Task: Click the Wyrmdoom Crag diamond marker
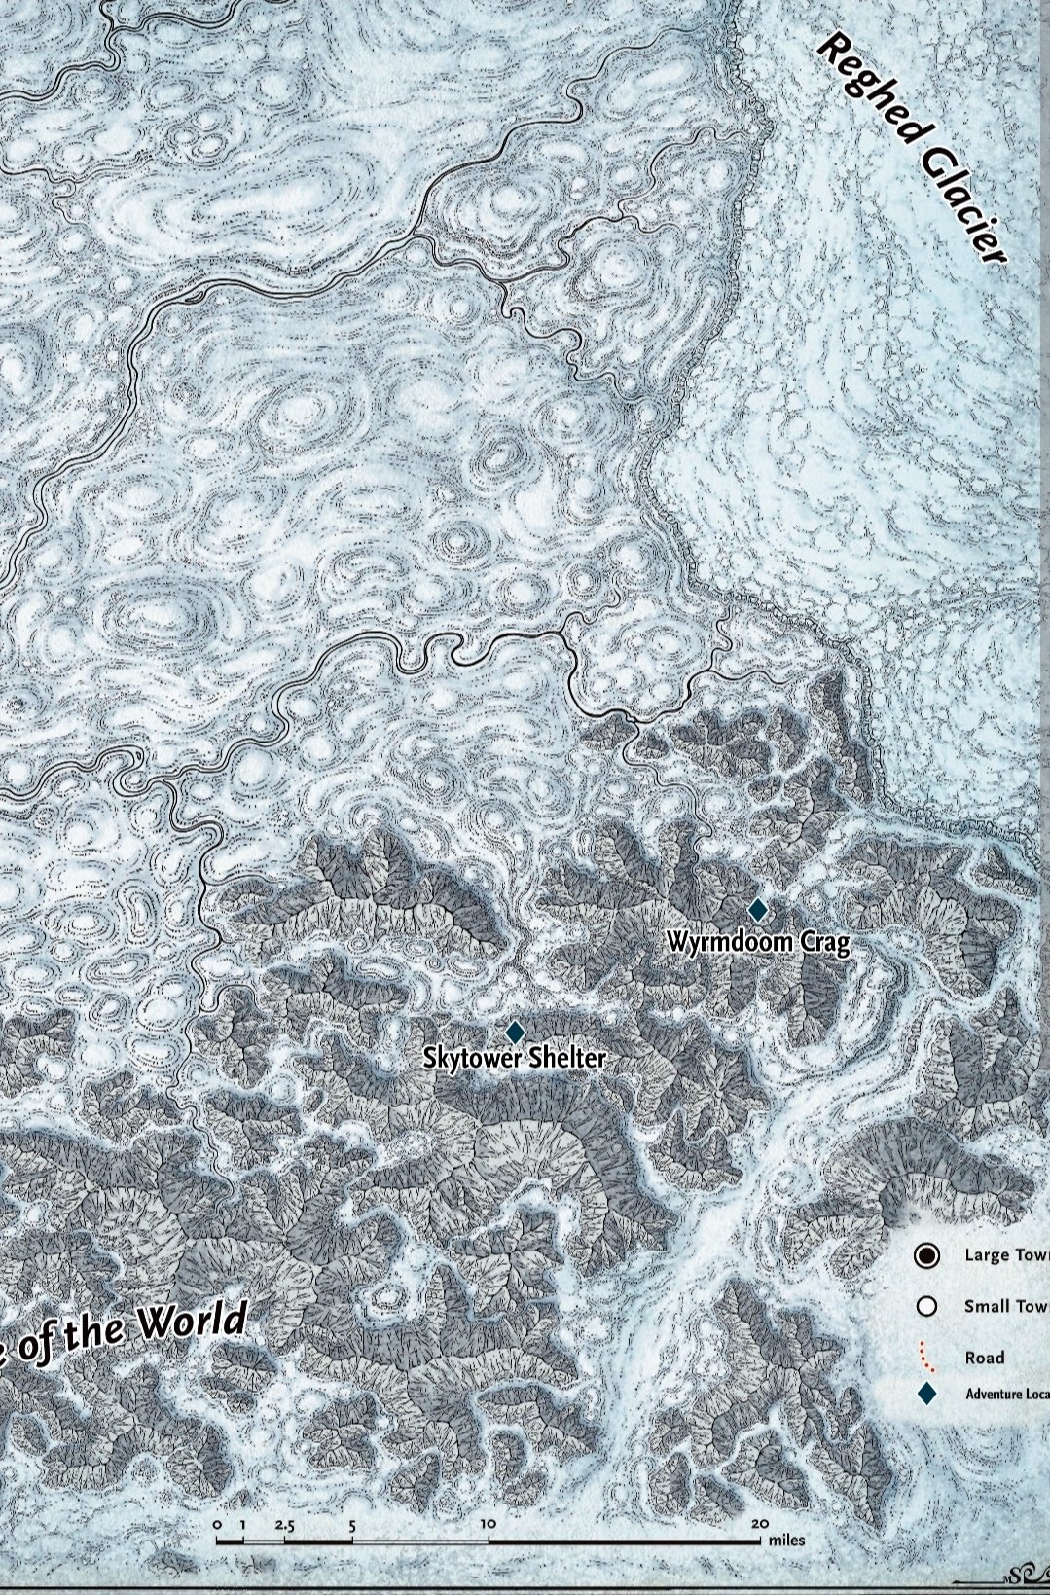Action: (x=757, y=910)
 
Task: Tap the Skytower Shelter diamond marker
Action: (x=515, y=1032)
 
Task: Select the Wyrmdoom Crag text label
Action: (x=758, y=942)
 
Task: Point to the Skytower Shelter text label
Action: (x=514, y=1058)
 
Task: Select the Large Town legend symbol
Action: (x=926, y=1255)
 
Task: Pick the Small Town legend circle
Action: (x=926, y=1306)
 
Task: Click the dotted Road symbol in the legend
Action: (x=925, y=1357)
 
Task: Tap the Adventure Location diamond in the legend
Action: (x=926, y=1394)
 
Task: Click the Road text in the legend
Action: (x=984, y=1358)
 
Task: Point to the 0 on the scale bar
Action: (x=216, y=1525)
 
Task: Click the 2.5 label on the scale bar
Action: (x=284, y=1525)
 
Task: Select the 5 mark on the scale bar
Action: (x=352, y=1525)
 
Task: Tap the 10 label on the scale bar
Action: (x=488, y=1524)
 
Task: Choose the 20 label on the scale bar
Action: (x=759, y=1524)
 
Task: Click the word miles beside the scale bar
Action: (x=786, y=1541)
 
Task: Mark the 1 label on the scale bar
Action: (x=242, y=1525)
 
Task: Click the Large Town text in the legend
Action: (x=1006, y=1255)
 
